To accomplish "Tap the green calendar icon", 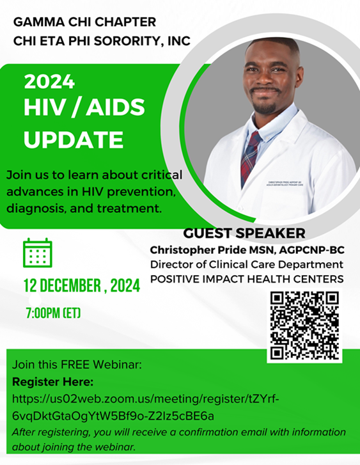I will [x=38, y=253].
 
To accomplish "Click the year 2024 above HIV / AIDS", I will [x=50, y=83].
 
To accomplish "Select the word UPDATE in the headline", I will [x=74, y=138].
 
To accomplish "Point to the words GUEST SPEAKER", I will [x=244, y=233].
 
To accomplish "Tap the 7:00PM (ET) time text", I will [x=53, y=313].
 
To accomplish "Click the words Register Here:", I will [x=53, y=382].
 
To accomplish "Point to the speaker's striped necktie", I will [x=251, y=153].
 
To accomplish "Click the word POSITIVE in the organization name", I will [x=179, y=279].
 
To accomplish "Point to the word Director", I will [x=170, y=264].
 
